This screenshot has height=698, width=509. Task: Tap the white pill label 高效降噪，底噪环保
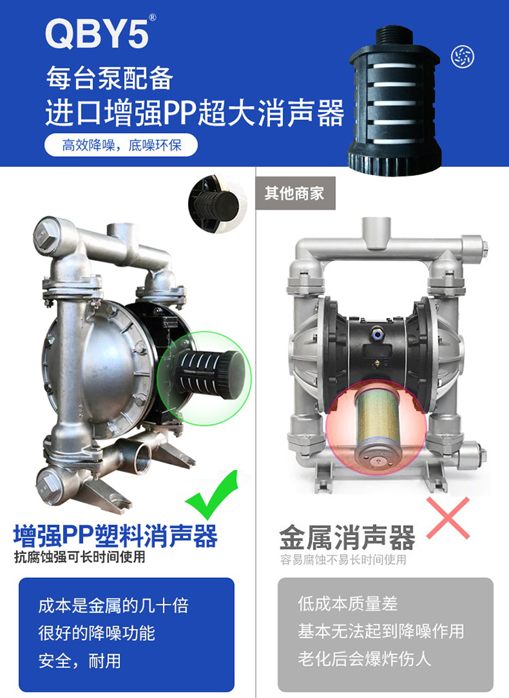click(121, 145)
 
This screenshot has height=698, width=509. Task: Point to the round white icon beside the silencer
click(462, 56)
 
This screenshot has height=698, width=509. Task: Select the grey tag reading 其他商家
click(295, 193)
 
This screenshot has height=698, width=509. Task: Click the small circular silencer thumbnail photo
click(217, 205)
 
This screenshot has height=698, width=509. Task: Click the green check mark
click(212, 495)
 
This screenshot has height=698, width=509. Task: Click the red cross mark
click(448, 518)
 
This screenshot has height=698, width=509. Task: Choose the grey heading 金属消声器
click(347, 537)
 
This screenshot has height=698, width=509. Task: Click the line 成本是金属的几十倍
click(113, 606)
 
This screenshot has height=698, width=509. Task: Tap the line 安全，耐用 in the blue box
click(79, 661)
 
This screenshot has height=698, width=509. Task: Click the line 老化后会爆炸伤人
click(364, 659)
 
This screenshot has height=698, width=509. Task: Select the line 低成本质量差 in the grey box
click(347, 604)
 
